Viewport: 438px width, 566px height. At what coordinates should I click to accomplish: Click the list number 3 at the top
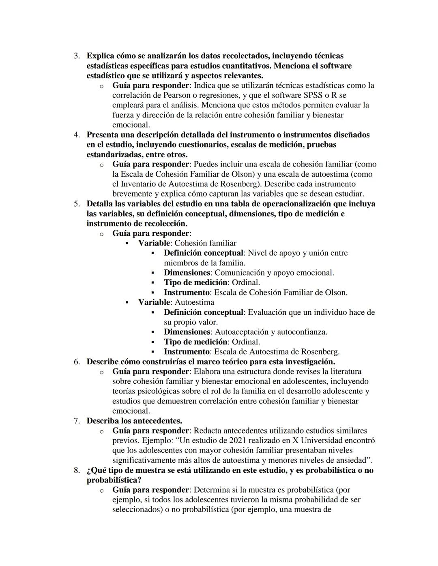[76, 56]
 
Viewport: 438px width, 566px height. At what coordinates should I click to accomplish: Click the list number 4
[76, 135]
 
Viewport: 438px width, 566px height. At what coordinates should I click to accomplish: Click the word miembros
[180, 263]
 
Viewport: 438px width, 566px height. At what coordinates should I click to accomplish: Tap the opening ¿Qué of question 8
[95, 470]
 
